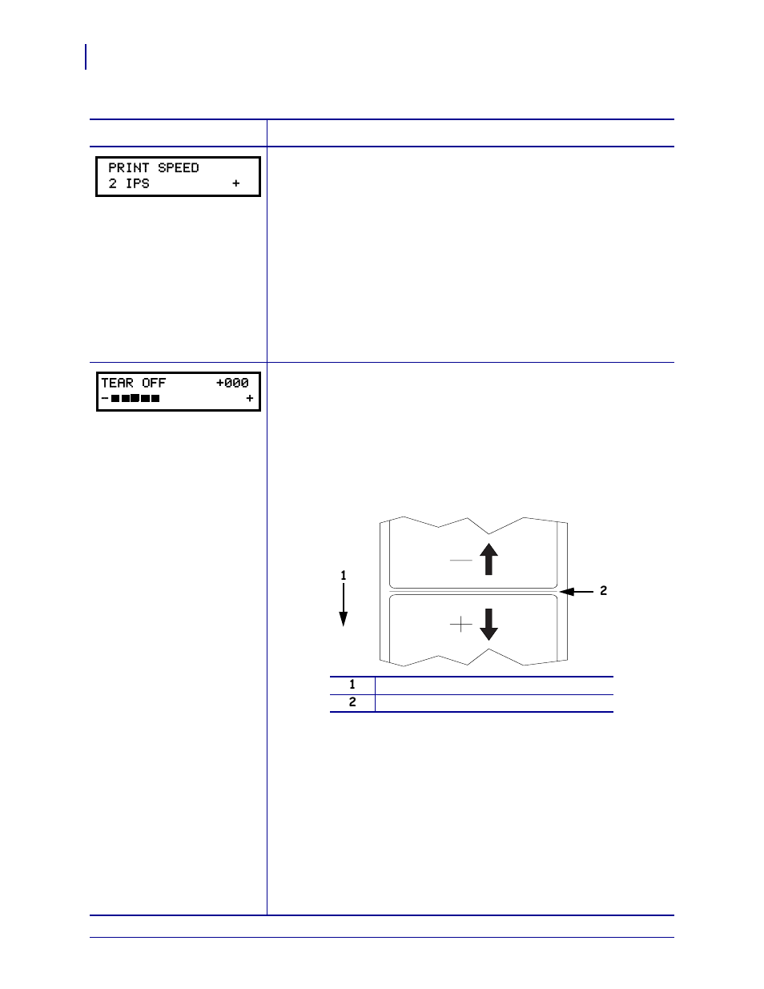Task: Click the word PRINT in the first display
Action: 130,168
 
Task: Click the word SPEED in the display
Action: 179,168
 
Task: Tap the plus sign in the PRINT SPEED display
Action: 236,184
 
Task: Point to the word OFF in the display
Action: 154,384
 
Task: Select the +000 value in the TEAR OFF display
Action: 232,384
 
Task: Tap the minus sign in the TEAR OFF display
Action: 105,398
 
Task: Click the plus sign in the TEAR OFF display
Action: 250,398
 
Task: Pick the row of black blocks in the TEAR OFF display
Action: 135,398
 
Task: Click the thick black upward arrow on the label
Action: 489,559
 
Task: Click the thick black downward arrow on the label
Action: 489,625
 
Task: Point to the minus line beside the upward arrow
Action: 461,561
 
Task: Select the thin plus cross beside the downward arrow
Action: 461,625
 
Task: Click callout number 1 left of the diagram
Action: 344,575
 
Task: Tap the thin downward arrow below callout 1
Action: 344,605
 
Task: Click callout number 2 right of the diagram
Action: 604,591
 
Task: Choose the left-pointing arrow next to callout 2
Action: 577,592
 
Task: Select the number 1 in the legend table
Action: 352,685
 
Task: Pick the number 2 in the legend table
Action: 352,703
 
